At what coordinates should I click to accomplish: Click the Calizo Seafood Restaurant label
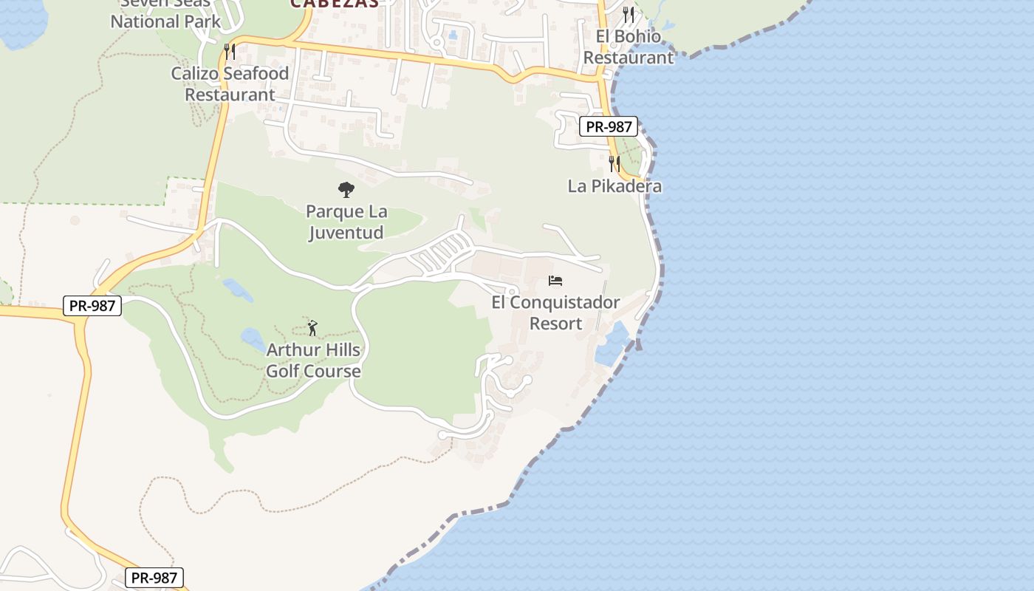230,84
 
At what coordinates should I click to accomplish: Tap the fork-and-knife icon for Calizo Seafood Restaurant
230,51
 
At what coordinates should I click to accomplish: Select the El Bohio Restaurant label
629,47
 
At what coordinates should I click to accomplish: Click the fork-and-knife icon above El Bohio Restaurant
629,13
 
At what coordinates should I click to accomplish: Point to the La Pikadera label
614,186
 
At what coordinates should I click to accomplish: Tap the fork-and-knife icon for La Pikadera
614,163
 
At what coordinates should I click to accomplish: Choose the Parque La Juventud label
346,222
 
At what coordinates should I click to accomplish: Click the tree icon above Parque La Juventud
346,190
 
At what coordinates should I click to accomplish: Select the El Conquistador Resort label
555,313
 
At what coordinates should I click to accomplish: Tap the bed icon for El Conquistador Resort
555,281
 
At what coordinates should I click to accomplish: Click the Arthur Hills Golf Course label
313,361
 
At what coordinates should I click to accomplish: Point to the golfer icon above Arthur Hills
312,327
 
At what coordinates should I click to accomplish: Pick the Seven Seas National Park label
165,13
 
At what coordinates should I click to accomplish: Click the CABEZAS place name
335,3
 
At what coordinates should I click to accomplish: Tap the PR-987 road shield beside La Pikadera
608,126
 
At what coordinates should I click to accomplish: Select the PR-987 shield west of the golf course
92,305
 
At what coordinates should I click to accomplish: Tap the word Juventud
346,233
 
